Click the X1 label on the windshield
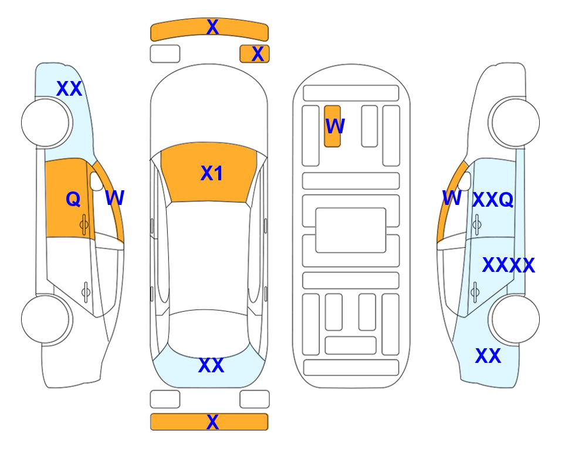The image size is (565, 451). tap(212, 173)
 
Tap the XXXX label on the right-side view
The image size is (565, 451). tap(509, 265)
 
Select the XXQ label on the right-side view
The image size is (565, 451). tap(493, 200)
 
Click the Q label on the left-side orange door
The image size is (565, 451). tap(73, 199)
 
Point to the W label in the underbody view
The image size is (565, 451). tap(335, 126)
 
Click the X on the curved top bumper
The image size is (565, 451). tap(212, 27)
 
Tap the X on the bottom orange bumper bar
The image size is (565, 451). tap(212, 422)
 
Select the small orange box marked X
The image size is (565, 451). tap(255, 54)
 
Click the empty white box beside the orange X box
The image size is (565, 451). tap(165, 54)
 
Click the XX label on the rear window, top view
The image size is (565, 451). tap(212, 365)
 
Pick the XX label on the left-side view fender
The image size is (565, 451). tap(70, 89)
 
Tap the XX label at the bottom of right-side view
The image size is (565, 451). tap(488, 356)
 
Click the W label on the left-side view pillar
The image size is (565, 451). tap(115, 198)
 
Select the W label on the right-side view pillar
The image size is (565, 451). tap(452, 198)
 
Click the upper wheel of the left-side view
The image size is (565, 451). tap(45, 123)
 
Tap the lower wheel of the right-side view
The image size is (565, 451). tap(516, 319)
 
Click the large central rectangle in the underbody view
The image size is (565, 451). tap(351, 230)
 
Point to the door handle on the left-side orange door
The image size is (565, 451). tap(84, 225)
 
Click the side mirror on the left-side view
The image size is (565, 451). tap(96, 181)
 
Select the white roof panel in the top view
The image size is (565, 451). tap(209, 256)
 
